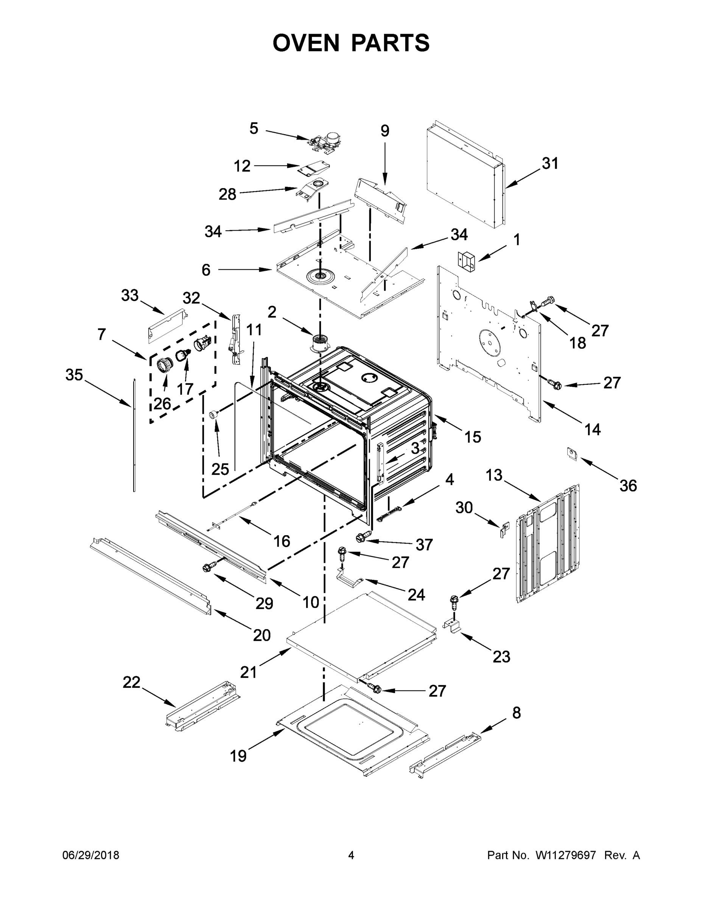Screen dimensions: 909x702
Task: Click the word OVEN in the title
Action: click(306, 43)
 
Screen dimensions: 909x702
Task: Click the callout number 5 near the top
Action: click(254, 128)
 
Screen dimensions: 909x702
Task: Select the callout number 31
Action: click(550, 164)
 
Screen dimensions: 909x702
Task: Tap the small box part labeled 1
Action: click(467, 260)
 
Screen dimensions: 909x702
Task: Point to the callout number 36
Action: click(628, 485)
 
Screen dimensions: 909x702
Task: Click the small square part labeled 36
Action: click(573, 453)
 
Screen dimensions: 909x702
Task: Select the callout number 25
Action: click(220, 469)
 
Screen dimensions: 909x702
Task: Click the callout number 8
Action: click(516, 713)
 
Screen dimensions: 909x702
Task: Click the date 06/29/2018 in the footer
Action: click(91, 855)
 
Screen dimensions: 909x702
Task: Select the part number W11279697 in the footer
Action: click(566, 855)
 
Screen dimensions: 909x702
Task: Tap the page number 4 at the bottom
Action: click(351, 855)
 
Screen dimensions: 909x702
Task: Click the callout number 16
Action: click(282, 541)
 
